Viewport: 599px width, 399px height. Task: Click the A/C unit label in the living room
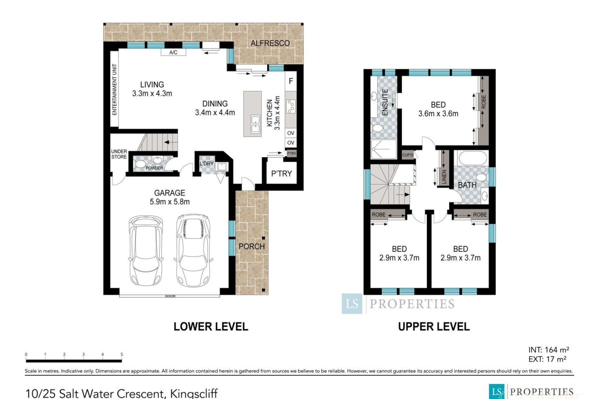[173, 52]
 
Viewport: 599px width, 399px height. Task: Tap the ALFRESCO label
[270, 43]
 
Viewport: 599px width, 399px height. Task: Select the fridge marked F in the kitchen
[291, 81]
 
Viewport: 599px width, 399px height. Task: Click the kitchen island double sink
[256, 124]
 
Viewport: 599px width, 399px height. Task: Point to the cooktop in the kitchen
[291, 106]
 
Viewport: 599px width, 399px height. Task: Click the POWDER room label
[154, 168]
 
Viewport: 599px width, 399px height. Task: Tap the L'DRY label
[207, 164]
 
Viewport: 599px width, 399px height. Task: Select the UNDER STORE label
[119, 154]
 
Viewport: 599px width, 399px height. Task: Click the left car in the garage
[145, 250]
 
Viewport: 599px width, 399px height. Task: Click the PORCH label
[252, 246]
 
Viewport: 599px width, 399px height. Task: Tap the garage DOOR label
[170, 296]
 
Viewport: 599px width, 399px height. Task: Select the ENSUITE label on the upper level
[385, 102]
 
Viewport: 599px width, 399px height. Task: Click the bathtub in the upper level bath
[473, 158]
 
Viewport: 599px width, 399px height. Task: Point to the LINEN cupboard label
[444, 177]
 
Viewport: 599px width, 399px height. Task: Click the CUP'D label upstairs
[408, 155]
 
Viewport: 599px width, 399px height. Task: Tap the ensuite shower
[384, 149]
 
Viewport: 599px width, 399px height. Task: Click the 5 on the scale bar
[122, 355]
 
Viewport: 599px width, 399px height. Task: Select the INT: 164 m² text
[549, 350]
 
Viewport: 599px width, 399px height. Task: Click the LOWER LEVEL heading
[211, 327]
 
